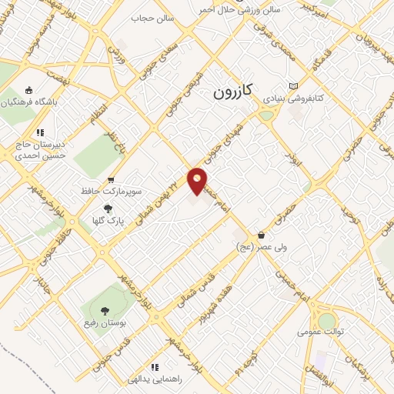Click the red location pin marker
[198, 181]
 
